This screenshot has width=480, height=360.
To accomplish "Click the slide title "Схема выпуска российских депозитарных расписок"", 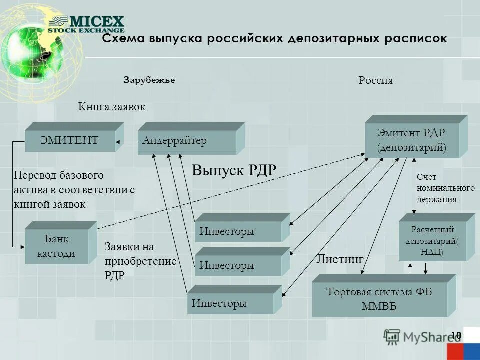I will click(274, 39).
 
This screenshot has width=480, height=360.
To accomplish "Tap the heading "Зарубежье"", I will click(149, 80).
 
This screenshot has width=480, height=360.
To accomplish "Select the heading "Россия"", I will click(375, 80).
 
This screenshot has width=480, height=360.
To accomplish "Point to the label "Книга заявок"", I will click(112, 106).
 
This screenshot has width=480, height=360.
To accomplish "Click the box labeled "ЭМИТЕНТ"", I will click(70, 141).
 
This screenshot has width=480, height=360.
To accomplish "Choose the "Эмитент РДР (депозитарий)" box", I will click(411, 140).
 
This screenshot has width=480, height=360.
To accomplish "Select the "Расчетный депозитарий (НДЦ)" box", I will click(432, 241).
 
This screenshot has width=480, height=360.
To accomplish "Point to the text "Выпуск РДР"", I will click(234, 170).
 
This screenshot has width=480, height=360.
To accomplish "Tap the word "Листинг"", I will click(339, 259).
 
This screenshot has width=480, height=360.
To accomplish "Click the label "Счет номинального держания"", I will click(445, 189).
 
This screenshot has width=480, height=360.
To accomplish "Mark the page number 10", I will click(456, 334).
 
